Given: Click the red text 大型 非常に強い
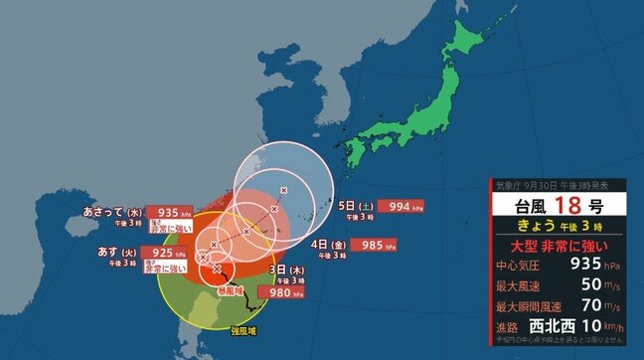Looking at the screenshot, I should tap(563, 246).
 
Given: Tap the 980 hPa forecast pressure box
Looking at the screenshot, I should tap(279, 292).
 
